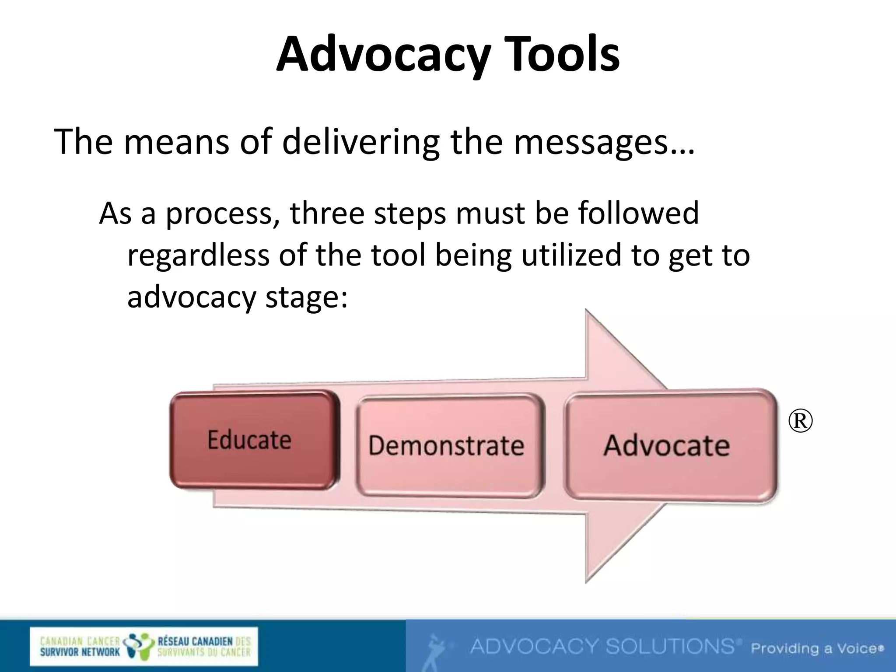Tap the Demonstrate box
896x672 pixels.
pos(447,446)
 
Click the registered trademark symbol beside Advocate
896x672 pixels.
pos(800,421)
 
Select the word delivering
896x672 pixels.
pos(360,142)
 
